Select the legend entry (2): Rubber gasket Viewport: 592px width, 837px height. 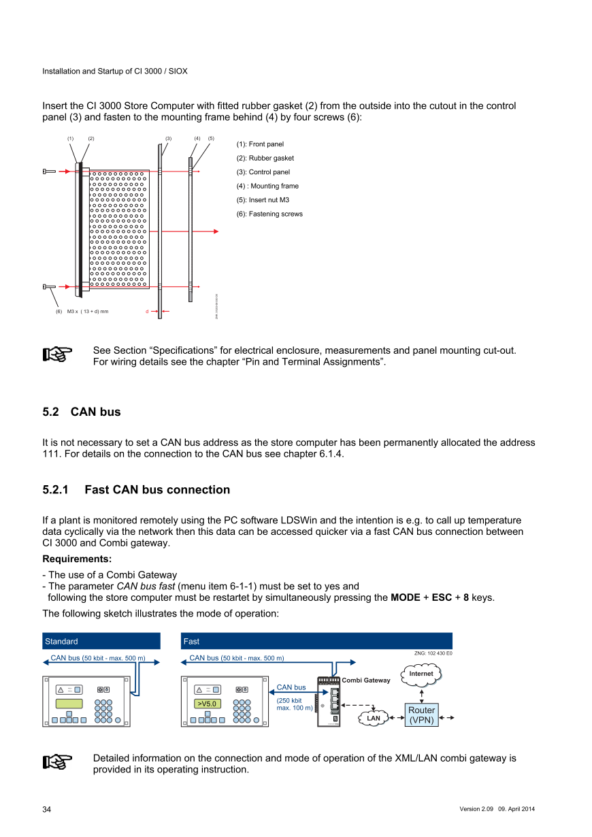click(x=265, y=158)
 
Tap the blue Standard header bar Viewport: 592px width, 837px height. click(x=101, y=641)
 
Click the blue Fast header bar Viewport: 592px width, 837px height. click(x=317, y=641)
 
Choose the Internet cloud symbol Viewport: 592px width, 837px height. click(x=421, y=674)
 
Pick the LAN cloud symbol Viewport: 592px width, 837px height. click(x=374, y=718)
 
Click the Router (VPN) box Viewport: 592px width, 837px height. click(x=421, y=715)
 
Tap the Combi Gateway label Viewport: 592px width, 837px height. click(x=366, y=680)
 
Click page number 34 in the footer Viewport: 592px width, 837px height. click(x=47, y=809)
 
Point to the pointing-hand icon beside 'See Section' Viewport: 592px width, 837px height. click(x=57, y=355)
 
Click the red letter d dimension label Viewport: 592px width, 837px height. click(x=146, y=312)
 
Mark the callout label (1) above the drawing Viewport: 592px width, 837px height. click(x=70, y=139)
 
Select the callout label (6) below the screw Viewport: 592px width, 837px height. click(x=59, y=312)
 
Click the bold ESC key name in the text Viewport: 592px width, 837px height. click(x=442, y=597)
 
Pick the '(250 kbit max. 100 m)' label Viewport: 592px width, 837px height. click(x=295, y=704)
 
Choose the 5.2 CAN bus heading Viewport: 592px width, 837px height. click(x=82, y=412)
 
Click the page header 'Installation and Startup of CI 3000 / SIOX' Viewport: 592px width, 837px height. click(x=115, y=71)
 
